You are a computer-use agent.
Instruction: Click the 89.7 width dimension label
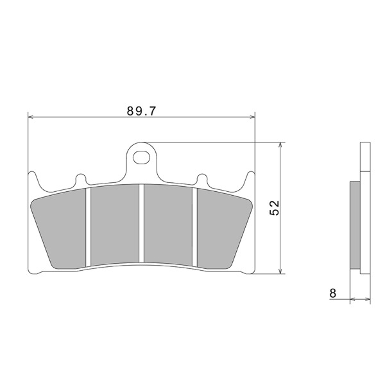click(x=141, y=111)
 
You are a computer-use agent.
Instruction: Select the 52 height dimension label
click(x=274, y=208)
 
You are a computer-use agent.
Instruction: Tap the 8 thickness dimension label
click(x=332, y=293)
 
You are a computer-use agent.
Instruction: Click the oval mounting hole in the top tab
click(x=141, y=157)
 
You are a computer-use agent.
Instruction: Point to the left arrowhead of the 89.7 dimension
click(x=31, y=117)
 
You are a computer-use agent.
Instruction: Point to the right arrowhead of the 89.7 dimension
click(x=252, y=117)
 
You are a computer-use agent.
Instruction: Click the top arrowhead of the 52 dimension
click(x=280, y=145)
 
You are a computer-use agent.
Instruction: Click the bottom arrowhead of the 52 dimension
click(x=280, y=271)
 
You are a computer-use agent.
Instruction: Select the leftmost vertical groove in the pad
click(x=89, y=227)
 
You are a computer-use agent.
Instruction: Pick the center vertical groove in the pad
click(x=141, y=223)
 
